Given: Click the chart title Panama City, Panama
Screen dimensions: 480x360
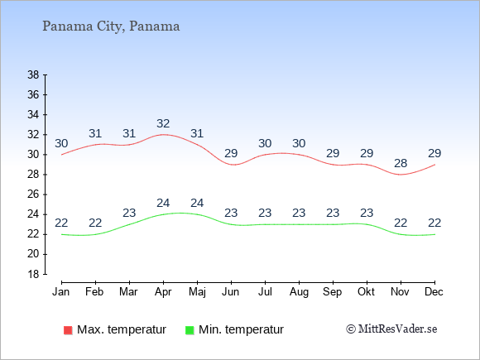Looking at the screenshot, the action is click(x=111, y=26).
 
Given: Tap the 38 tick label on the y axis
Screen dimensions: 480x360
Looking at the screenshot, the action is click(x=33, y=74).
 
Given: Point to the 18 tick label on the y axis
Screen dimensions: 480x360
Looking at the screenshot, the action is click(x=33, y=274).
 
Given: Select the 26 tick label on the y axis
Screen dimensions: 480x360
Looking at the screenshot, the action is click(x=33, y=194).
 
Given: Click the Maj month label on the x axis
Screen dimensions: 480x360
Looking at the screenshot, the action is click(x=197, y=292).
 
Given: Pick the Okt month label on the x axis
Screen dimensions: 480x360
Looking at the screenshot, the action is click(x=367, y=292).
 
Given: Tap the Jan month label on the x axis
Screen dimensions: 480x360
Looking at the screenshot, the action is click(x=61, y=292).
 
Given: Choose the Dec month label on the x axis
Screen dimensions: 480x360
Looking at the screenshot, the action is click(x=434, y=292).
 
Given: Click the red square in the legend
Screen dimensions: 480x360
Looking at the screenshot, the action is click(x=68, y=330).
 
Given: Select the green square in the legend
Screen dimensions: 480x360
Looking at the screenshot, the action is click(x=190, y=330).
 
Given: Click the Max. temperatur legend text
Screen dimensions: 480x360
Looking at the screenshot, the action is click(x=122, y=329).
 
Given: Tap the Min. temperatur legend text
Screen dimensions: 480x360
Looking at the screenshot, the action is click(x=241, y=329).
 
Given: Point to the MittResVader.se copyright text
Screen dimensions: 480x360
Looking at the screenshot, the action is click(x=391, y=329).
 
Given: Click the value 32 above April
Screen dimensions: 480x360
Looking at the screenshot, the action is click(x=163, y=123).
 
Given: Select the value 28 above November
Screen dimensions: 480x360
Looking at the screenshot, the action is click(x=401, y=164).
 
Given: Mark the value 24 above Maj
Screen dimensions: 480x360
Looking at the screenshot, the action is click(x=197, y=204).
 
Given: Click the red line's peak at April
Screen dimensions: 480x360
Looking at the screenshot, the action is click(x=163, y=134).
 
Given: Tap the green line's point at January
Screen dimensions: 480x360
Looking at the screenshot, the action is click(x=61, y=234).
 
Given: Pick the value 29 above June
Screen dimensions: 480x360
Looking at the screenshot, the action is click(x=231, y=153).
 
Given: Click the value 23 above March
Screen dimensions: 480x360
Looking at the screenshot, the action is click(x=129, y=213).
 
